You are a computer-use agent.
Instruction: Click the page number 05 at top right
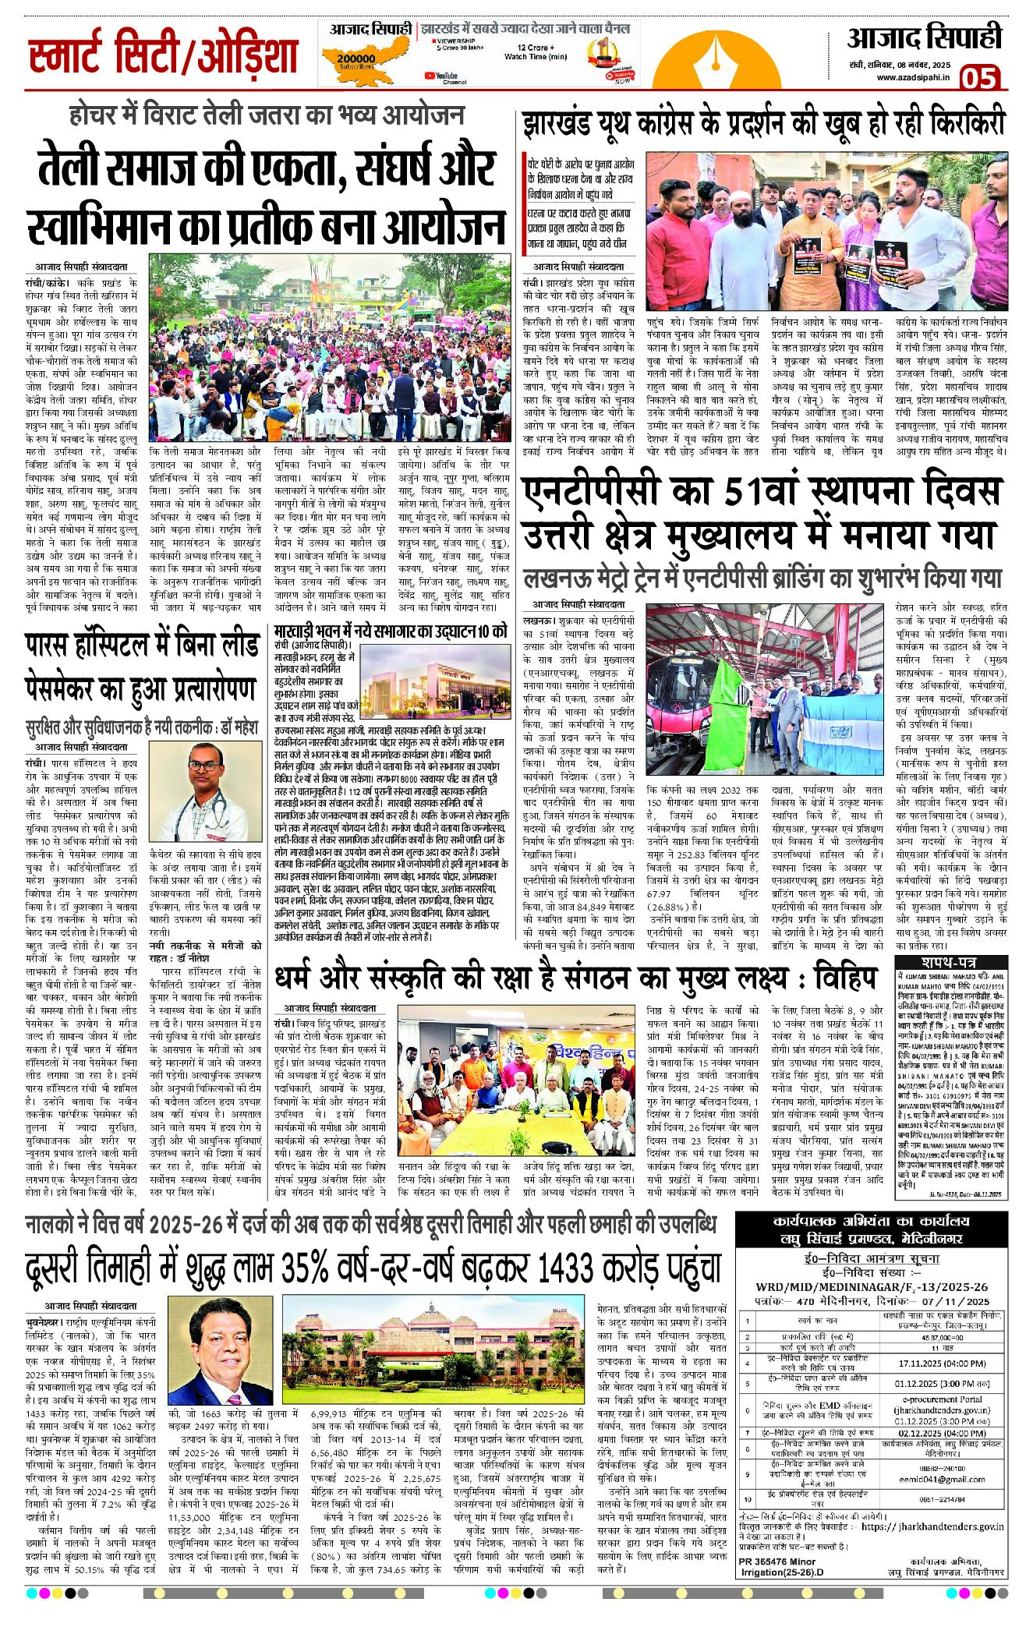pyautogui.click(x=979, y=78)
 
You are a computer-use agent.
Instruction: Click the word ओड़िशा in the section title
pyautogui.click(x=248, y=57)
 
